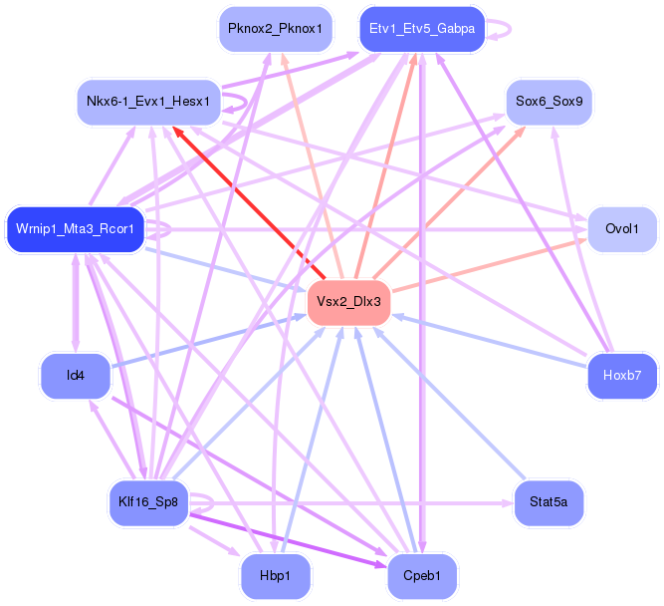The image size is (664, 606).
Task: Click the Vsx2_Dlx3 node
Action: (x=348, y=302)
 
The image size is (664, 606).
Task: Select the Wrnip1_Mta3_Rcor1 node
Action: (x=75, y=229)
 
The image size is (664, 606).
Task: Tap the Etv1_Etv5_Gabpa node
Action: (x=422, y=29)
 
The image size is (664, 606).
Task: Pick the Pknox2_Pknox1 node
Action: (x=275, y=29)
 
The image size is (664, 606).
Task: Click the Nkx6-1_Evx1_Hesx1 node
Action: (x=148, y=103)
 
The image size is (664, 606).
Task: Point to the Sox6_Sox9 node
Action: (x=549, y=103)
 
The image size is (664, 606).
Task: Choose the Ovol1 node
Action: (x=622, y=229)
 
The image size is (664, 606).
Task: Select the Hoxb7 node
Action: (x=622, y=376)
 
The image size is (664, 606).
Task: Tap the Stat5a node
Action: (x=549, y=503)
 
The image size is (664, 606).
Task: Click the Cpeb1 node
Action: (x=422, y=576)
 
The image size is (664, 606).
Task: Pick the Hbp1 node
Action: (x=275, y=576)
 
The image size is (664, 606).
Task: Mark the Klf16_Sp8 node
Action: (x=148, y=503)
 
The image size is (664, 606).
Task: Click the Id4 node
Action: (x=75, y=376)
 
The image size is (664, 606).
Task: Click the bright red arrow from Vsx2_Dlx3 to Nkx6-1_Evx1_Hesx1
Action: (x=249, y=202)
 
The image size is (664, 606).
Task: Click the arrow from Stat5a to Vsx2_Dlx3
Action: (x=449, y=404)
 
